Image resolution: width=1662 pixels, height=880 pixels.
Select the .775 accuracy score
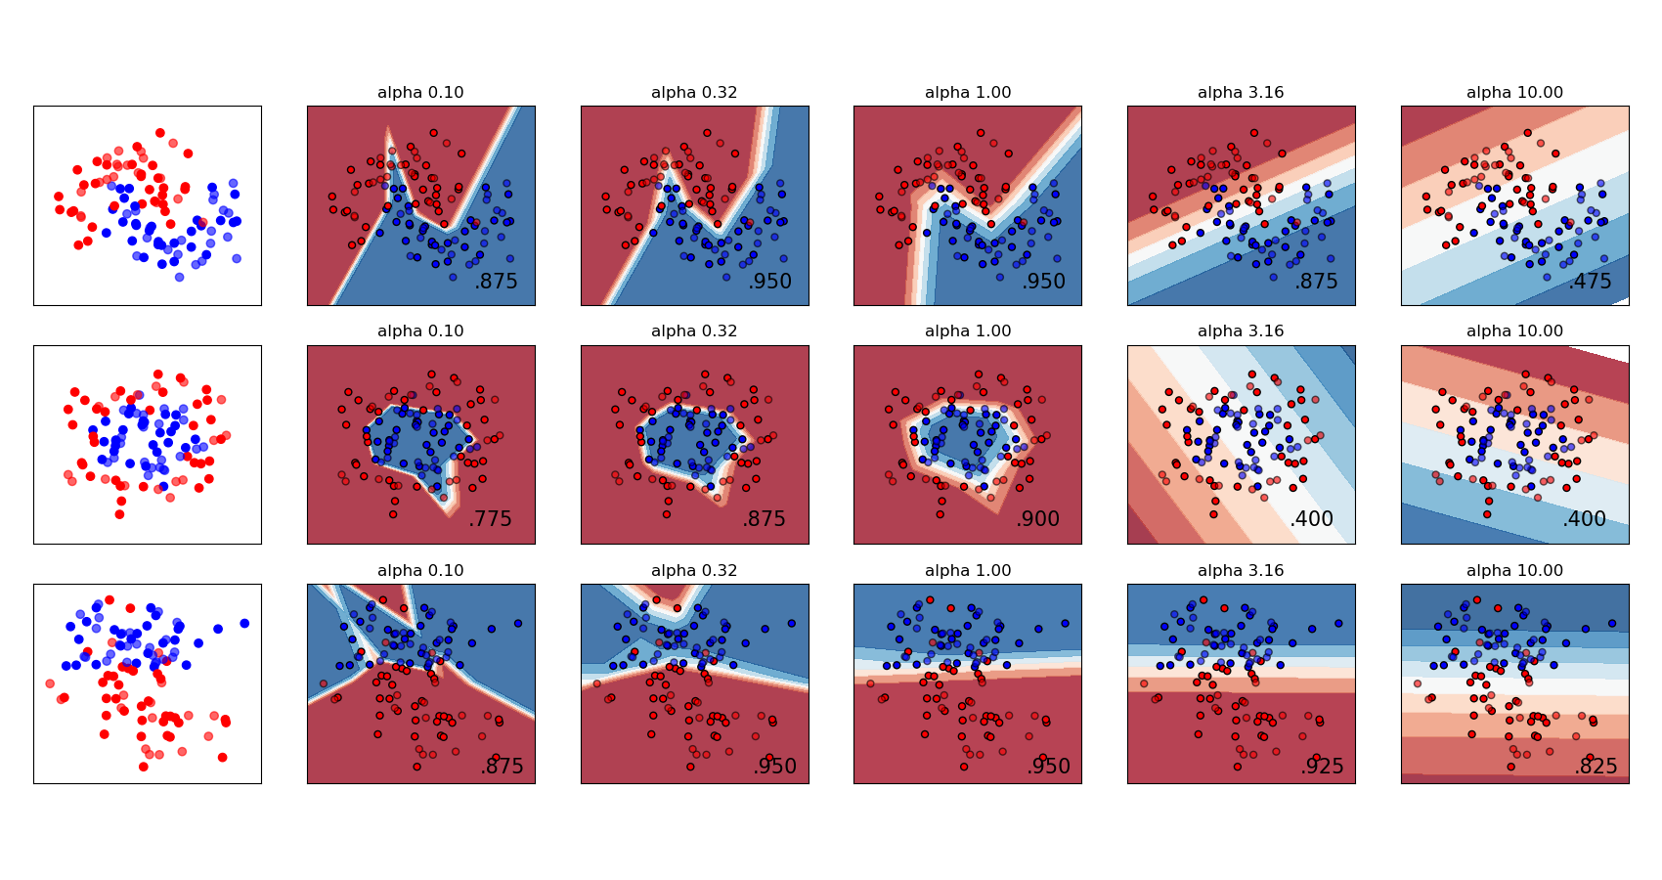(490, 519)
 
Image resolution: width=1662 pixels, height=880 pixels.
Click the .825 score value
(1596, 767)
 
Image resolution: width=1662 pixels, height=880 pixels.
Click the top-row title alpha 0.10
(420, 93)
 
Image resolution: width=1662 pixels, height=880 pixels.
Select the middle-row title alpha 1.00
(968, 331)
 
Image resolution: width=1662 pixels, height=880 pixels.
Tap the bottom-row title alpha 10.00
(1514, 571)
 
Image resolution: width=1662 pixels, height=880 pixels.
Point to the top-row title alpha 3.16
(1241, 93)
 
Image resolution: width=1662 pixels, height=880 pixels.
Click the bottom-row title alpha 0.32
(694, 571)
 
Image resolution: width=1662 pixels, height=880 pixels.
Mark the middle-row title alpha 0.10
(420, 331)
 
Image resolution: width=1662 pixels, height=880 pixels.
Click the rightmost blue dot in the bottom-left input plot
(244, 623)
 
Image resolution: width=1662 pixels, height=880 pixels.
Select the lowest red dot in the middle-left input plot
(120, 513)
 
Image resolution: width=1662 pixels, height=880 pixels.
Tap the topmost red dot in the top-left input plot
(159, 131)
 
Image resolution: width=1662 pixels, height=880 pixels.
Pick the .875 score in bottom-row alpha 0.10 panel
(502, 767)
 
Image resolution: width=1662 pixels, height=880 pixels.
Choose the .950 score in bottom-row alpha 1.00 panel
(1048, 767)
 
